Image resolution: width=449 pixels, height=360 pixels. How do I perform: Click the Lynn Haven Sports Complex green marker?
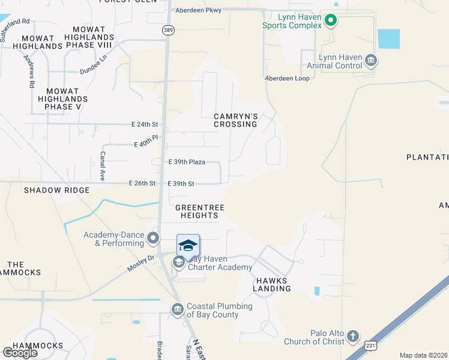point(330,22)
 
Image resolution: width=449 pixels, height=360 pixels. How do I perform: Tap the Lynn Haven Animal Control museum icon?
point(371,60)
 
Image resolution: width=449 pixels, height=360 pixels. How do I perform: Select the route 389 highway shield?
point(167,29)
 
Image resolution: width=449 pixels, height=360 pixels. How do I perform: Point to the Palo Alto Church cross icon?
point(353,336)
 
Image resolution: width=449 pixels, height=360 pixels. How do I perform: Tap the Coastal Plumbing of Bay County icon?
point(177,310)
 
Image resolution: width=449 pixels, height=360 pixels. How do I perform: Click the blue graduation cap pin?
point(188,246)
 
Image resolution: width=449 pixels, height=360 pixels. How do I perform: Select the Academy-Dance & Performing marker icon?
point(153,238)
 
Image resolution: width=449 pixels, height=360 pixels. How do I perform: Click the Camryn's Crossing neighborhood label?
point(236,120)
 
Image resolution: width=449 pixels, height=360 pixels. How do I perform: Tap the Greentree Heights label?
point(200,211)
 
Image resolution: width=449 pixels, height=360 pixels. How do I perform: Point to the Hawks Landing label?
point(273,284)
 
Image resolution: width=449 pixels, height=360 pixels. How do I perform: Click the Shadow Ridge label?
point(56,190)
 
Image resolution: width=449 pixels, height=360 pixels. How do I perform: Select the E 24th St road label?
point(145,125)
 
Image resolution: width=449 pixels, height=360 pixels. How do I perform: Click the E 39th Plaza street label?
point(187,162)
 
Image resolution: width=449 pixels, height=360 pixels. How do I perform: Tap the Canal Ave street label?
point(103,166)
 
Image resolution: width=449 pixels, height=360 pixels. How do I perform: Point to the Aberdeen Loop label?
point(287,79)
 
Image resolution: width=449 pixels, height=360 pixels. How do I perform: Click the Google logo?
point(20,353)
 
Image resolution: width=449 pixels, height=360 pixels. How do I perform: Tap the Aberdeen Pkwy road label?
point(198,10)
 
